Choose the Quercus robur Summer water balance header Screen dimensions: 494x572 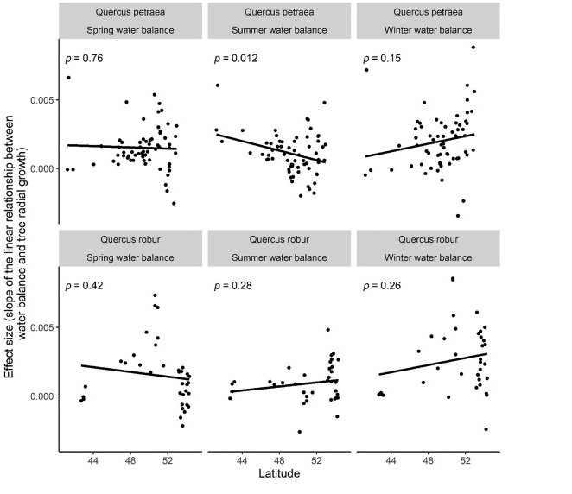[x=280, y=246]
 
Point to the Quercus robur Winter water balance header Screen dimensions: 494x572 [x=429, y=246]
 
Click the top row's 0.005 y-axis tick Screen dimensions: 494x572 [x=41, y=100]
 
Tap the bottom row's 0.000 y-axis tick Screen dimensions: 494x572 [x=41, y=396]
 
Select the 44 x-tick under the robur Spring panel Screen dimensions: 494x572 [x=92, y=461]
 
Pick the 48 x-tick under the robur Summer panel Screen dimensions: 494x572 [x=279, y=461]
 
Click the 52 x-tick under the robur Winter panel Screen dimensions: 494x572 [x=465, y=461]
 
